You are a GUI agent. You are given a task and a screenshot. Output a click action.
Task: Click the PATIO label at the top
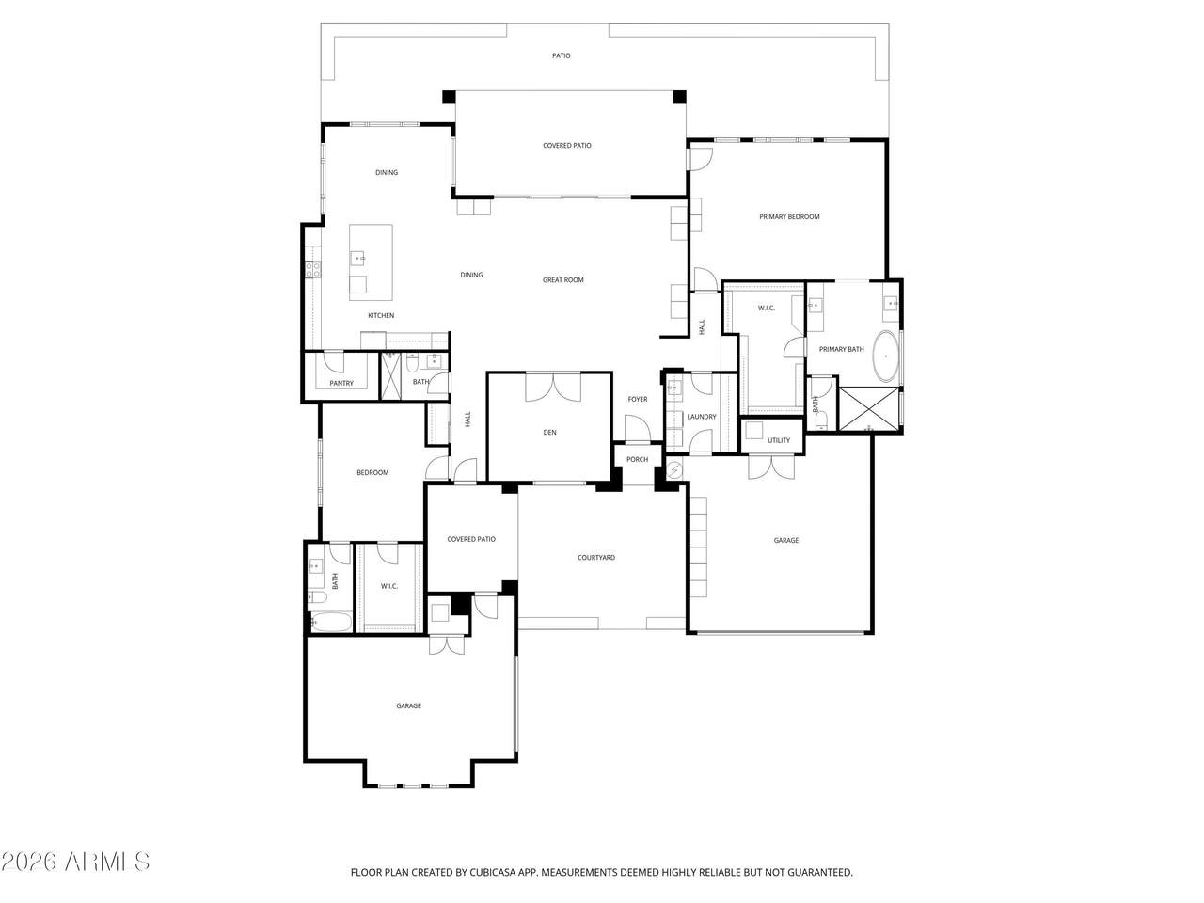coord(561,55)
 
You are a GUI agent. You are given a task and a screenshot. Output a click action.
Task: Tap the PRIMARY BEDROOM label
coord(789,217)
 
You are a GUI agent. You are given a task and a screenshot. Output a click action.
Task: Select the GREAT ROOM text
coord(562,280)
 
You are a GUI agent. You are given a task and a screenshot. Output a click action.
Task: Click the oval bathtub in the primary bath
coord(885,356)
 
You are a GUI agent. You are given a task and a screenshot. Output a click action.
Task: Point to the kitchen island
coord(371,262)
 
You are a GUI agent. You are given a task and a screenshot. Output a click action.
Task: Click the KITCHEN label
coord(381,316)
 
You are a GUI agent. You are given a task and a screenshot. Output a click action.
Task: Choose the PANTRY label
coord(341,383)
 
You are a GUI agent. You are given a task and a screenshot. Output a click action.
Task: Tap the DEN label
coord(549,433)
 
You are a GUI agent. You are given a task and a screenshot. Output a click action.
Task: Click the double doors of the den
coord(553,388)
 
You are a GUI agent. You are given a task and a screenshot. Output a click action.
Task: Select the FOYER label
coord(638,400)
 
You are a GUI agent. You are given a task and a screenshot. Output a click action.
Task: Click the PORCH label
coord(637,460)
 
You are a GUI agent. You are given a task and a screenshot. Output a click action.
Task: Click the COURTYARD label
coord(595,558)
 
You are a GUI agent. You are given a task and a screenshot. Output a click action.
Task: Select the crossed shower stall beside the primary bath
coord(869,409)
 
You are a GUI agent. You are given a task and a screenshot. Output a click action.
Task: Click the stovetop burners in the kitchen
coord(313,270)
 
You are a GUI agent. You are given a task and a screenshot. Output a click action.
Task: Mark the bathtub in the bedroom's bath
coord(330,622)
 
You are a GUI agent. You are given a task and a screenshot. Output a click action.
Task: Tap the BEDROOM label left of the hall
coord(372,473)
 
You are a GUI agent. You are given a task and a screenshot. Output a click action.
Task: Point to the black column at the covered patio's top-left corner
coord(450,97)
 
